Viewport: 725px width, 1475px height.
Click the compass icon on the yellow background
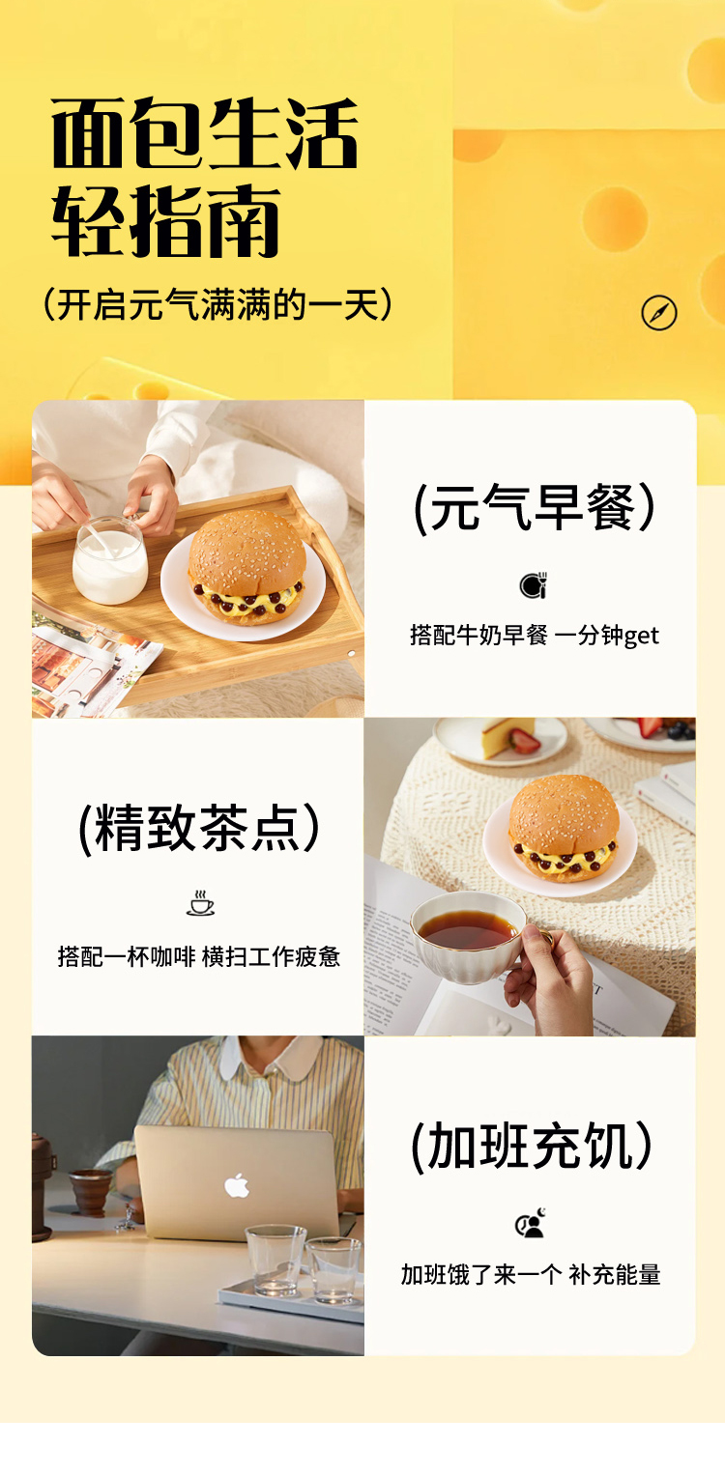click(659, 313)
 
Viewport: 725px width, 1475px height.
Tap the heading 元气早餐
click(534, 508)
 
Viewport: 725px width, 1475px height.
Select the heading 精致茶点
click(198, 829)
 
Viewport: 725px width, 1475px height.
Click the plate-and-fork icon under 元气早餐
click(534, 584)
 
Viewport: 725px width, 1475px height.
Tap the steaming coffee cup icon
click(200, 903)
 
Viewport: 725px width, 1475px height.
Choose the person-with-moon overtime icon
click(532, 1223)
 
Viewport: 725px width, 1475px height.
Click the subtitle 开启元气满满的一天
click(217, 305)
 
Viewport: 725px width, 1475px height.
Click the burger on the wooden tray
click(247, 566)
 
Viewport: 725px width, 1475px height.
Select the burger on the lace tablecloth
click(564, 829)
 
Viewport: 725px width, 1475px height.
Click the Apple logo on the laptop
click(237, 1185)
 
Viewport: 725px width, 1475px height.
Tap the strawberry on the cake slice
click(526, 742)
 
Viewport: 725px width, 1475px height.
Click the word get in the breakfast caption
click(641, 637)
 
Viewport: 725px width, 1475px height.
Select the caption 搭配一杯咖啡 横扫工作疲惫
click(199, 956)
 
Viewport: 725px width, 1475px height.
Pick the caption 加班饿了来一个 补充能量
click(531, 1275)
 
